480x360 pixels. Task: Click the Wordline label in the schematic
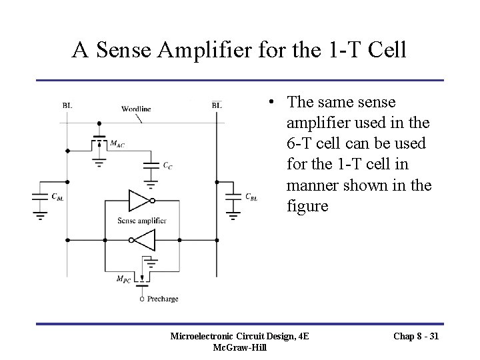tap(136, 108)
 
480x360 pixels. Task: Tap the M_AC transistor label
tap(117, 143)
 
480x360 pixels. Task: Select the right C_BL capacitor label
tap(251, 197)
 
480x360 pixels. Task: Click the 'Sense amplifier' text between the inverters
tap(141, 221)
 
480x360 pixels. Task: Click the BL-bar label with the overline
tap(217, 105)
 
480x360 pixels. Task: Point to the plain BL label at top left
tap(67, 105)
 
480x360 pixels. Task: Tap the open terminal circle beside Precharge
tap(141, 299)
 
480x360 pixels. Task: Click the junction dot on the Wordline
tap(99, 123)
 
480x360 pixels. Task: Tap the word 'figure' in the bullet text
tap(307, 205)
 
